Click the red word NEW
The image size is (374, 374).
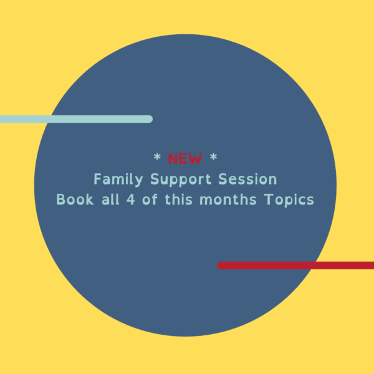point(185,158)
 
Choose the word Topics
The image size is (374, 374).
point(289,201)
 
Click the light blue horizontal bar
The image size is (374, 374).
point(75,119)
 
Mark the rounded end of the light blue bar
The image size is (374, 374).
point(149,119)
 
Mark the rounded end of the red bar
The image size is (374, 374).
point(221,266)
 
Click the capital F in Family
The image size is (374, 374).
point(98,180)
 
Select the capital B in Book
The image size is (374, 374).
point(61,200)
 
